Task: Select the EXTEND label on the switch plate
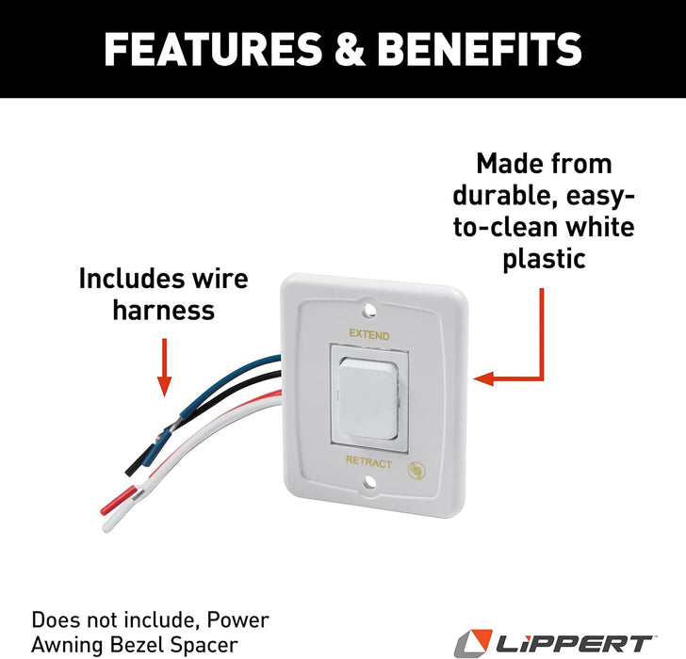click(x=368, y=334)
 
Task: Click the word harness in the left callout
click(x=163, y=311)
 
